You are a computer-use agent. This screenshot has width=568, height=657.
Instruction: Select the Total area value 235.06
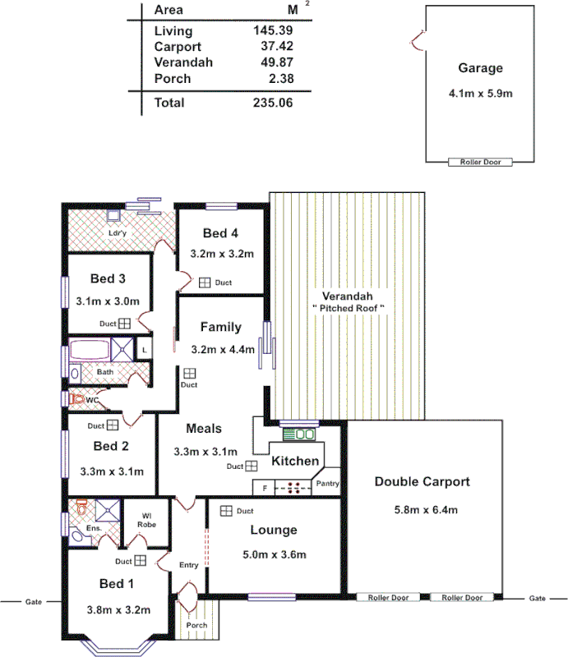click(273, 103)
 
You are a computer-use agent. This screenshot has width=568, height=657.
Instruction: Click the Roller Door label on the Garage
click(480, 163)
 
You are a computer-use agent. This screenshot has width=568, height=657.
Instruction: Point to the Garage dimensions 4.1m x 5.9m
click(480, 93)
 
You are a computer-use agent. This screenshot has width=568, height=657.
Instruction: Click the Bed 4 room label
click(221, 234)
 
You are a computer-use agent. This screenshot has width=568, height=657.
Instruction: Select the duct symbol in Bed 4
click(204, 283)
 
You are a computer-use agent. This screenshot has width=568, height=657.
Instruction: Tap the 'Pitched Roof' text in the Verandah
click(348, 307)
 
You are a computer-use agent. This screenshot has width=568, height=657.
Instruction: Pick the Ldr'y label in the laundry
click(118, 233)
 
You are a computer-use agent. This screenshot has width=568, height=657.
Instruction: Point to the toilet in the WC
click(77, 400)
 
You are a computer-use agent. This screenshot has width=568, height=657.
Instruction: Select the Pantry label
click(327, 484)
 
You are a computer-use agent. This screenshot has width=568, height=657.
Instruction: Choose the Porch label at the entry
click(196, 625)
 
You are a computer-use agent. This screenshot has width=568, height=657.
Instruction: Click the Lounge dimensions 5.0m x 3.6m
click(274, 555)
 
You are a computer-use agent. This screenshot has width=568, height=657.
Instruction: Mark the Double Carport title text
click(423, 481)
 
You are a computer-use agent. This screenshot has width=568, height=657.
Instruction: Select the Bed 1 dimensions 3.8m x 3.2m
click(119, 610)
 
